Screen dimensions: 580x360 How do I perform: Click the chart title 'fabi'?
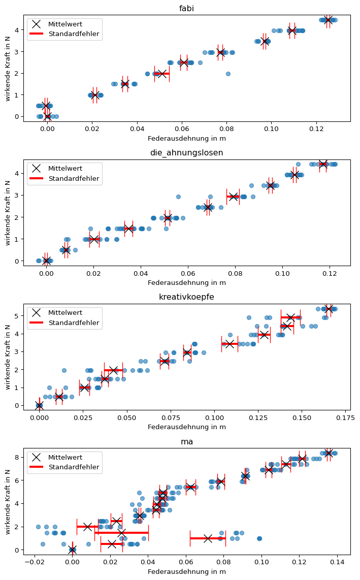click(187, 8)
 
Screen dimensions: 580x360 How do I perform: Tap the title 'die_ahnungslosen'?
click(187, 153)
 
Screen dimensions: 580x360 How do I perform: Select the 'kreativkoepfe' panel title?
click(187, 297)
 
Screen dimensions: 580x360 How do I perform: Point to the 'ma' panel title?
click(187, 442)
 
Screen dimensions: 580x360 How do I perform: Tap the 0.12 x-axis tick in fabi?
click(316, 130)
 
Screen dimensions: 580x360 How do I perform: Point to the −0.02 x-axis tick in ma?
click(34, 563)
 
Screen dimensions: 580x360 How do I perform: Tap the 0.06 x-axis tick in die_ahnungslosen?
click(188, 274)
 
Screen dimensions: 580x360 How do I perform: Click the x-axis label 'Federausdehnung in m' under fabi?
click(187, 139)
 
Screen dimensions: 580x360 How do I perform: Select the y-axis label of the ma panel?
click(8, 501)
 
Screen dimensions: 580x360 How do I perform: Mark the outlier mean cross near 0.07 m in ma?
click(208, 538)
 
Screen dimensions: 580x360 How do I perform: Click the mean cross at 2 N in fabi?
click(162, 74)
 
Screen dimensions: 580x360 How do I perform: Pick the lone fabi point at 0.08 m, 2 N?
click(228, 74)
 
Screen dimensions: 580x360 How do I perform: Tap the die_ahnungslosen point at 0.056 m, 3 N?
click(178, 197)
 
